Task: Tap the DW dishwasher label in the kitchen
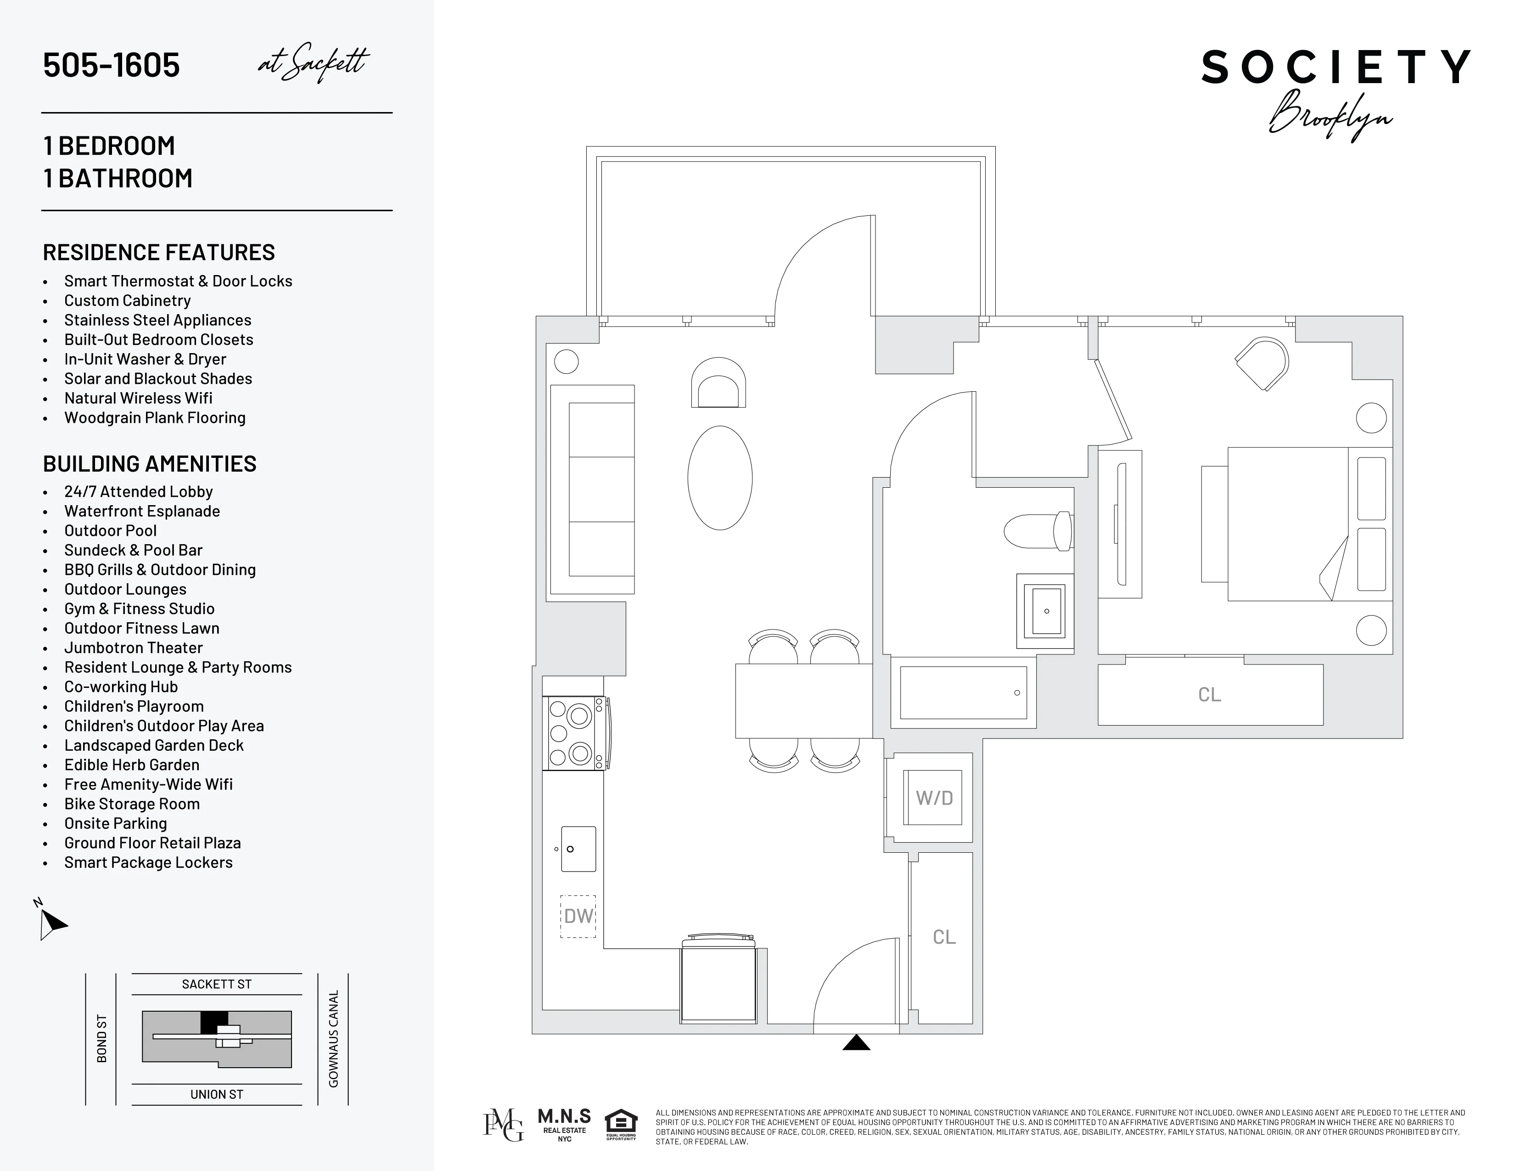tap(578, 916)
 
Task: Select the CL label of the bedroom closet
tap(1209, 694)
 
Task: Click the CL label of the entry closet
tap(944, 937)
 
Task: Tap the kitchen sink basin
tap(578, 849)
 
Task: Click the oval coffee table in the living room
tap(720, 478)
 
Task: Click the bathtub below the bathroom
tap(963, 693)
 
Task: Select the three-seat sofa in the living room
tap(593, 489)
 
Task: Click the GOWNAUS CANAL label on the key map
tap(334, 1038)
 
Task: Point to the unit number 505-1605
tap(112, 65)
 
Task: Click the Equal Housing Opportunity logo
tap(621, 1125)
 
